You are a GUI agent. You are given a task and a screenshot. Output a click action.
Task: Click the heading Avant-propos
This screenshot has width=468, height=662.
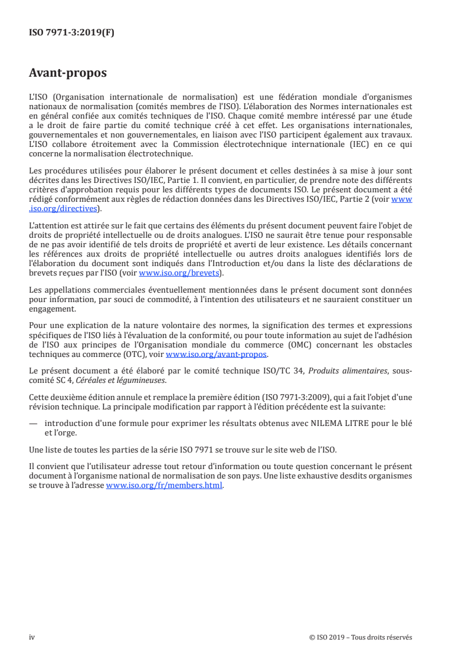[x=68, y=73]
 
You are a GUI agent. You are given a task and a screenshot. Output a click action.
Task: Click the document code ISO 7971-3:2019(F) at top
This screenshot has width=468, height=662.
[x=71, y=33]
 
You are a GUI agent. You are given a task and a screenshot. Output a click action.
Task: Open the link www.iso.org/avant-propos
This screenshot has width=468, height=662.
[x=217, y=355]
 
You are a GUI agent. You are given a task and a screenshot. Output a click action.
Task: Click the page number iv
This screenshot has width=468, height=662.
[x=32, y=637]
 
